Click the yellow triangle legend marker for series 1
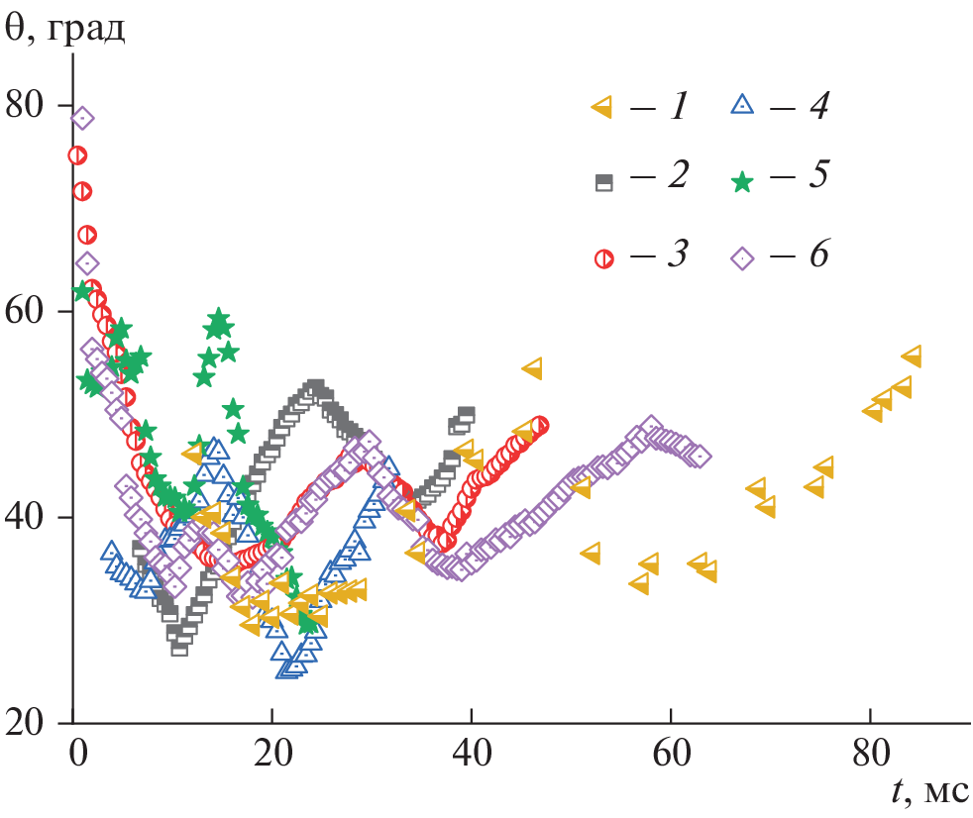tap(600, 107)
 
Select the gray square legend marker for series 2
tap(602, 181)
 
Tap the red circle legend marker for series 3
tap(602, 257)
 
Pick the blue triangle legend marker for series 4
tap(742, 105)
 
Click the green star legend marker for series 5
tap(742, 180)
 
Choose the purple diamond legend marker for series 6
tap(742, 257)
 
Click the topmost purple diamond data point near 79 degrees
tap(82, 119)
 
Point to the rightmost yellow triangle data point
tap(912, 357)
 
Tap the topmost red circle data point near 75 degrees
tap(76, 154)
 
